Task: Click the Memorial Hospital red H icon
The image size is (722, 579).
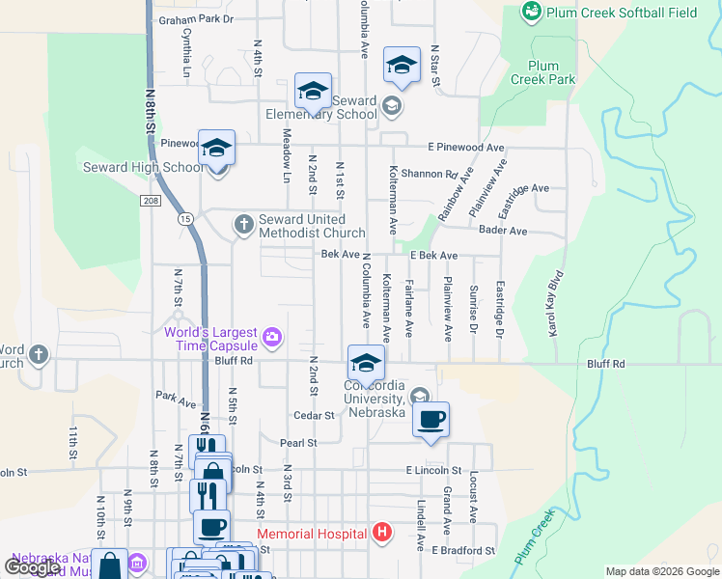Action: tap(382, 533)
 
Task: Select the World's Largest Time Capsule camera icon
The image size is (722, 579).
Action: tap(273, 337)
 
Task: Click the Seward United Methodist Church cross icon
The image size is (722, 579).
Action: tap(243, 225)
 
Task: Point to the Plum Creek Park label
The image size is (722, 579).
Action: tap(543, 72)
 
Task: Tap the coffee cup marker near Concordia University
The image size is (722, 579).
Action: tap(430, 420)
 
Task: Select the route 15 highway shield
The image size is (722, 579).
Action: tap(184, 220)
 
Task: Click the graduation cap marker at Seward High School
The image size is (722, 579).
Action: tap(217, 148)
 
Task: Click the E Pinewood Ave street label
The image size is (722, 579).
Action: tap(467, 148)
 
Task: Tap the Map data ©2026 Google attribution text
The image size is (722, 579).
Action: tap(661, 571)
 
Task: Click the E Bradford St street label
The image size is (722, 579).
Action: tap(462, 550)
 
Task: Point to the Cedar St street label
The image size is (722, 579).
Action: tap(314, 416)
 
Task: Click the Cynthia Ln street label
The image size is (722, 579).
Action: tap(185, 48)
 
